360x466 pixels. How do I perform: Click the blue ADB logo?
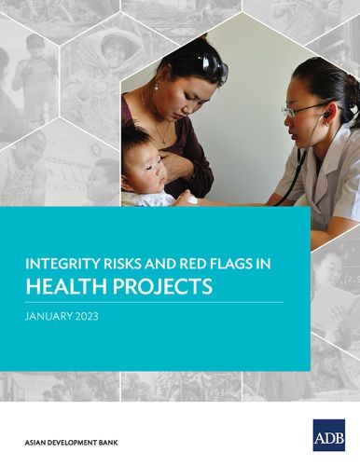coord(328,435)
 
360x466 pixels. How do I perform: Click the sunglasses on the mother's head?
coord(211,64)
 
